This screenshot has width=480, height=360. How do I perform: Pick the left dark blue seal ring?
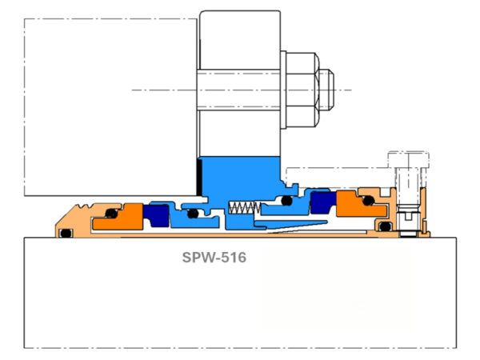click(x=156, y=214)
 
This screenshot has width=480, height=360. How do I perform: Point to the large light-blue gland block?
click(x=240, y=176)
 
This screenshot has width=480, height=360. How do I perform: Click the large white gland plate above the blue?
click(x=240, y=80)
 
